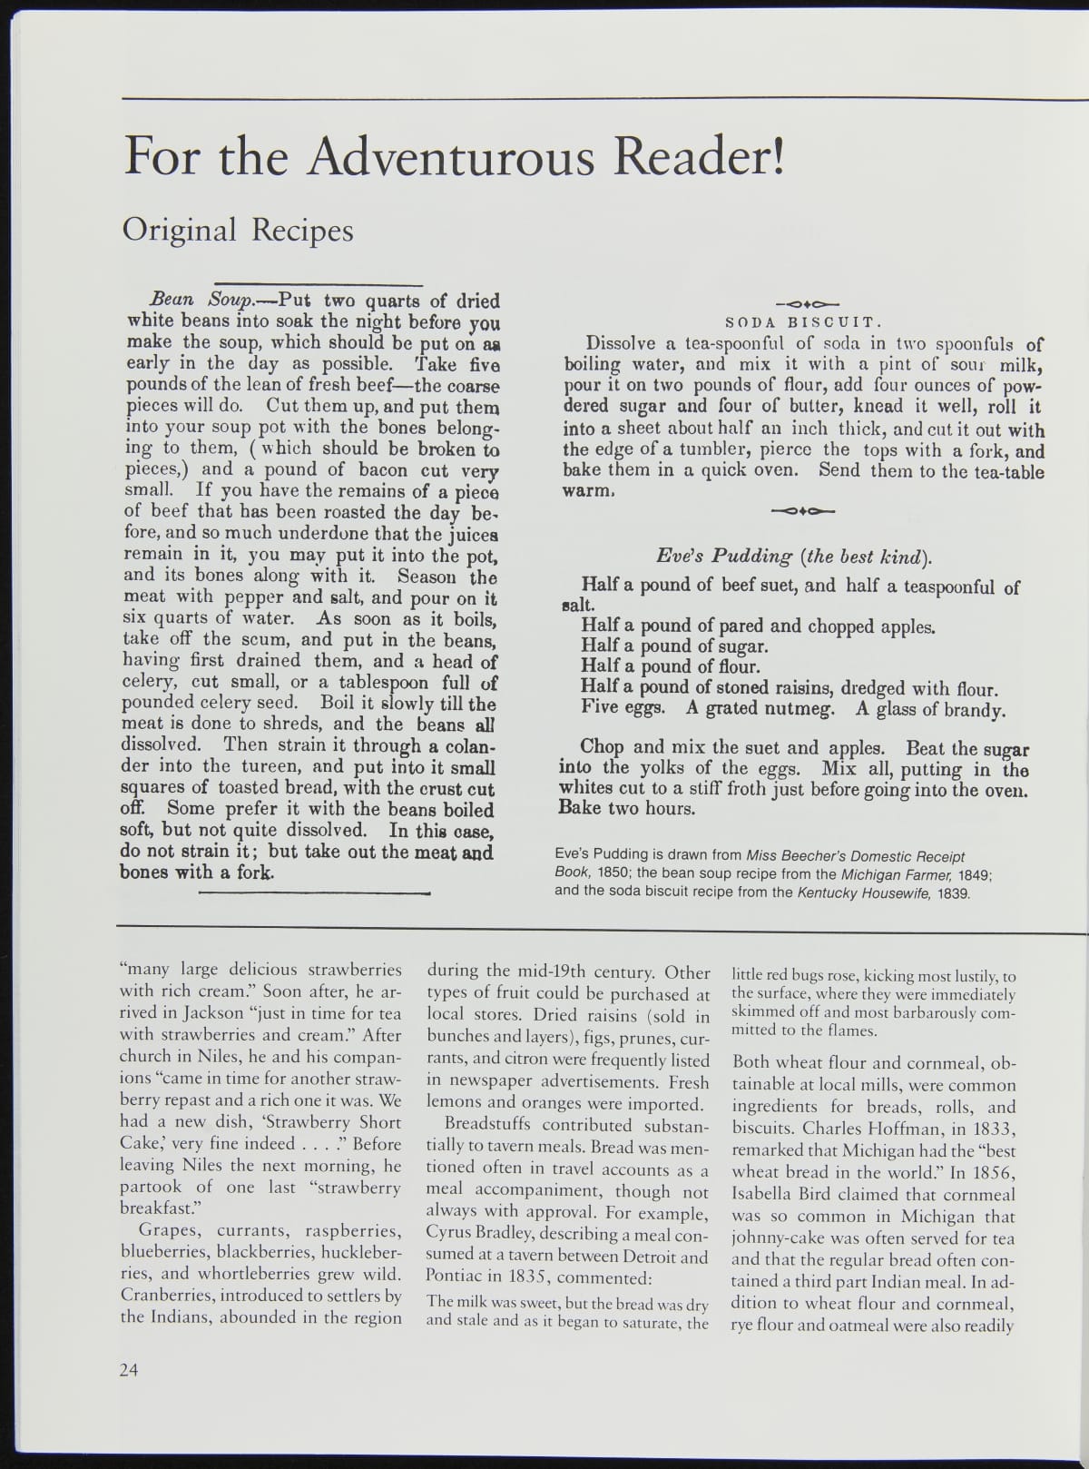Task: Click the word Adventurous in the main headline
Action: tap(451, 157)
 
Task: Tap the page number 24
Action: tap(128, 1370)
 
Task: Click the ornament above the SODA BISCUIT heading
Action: tap(801, 304)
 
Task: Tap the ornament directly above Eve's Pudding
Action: tap(801, 511)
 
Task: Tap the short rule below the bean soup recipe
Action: tap(313, 894)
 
